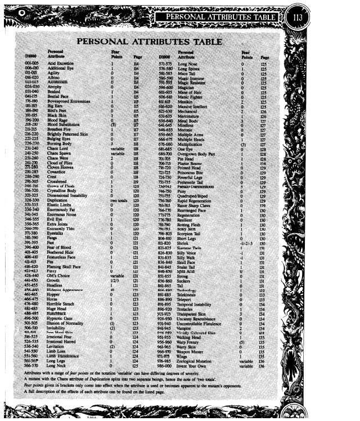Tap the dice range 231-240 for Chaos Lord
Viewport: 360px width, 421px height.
[x=32, y=148]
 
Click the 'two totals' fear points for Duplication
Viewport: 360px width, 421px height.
[x=117, y=200]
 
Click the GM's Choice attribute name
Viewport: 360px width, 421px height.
[x=59, y=276]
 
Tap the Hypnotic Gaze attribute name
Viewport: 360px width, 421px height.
[x=61, y=318]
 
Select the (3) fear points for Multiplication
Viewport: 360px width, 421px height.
[x=244, y=144]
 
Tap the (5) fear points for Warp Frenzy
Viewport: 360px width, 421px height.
[x=243, y=342]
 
